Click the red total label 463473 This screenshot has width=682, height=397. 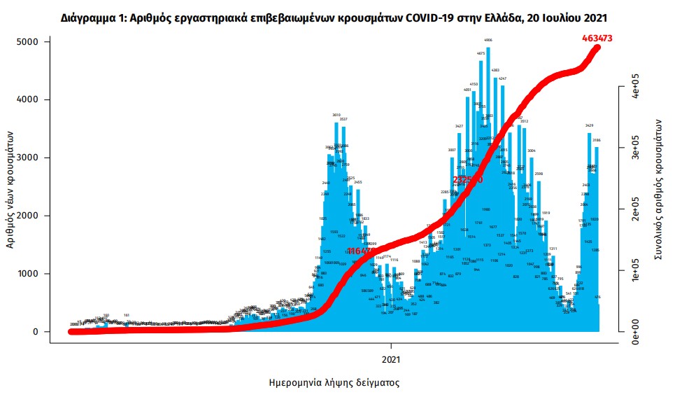click(597, 39)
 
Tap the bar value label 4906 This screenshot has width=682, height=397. click(488, 41)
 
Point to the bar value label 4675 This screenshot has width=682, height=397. click(481, 53)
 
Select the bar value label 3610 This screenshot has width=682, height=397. click(336, 115)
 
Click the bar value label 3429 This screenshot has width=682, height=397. click(590, 125)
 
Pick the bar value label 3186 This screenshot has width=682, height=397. click(597, 140)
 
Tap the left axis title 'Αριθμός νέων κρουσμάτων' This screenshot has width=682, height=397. click(10, 193)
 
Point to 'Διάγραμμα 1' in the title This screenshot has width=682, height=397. click(92, 17)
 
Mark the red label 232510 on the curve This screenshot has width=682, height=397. click(468, 180)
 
